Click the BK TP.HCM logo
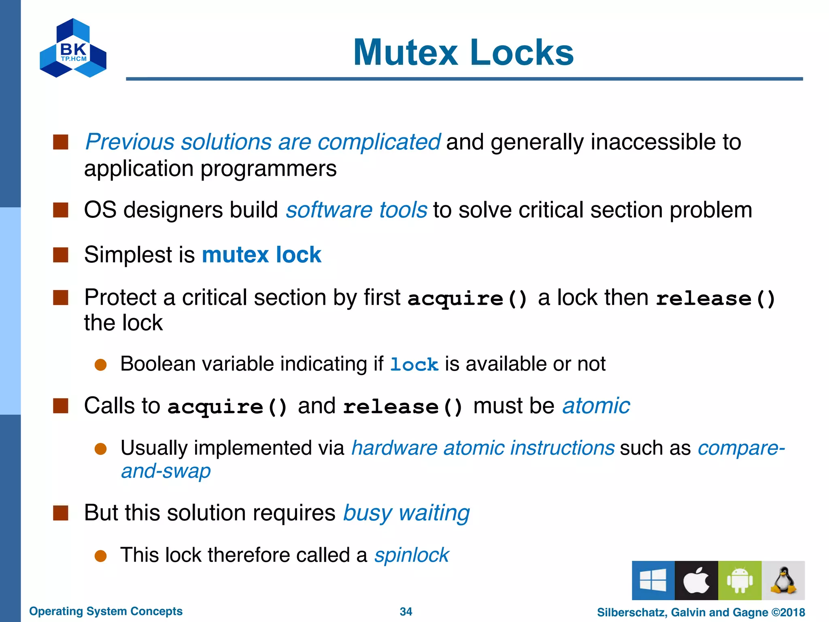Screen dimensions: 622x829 click(x=73, y=49)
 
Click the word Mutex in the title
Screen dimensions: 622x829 click(x=405, y=53)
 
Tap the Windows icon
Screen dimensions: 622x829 click(x=653, y=580)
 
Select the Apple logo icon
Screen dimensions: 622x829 click(x=696, y=580)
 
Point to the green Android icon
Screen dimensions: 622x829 click(x=740, y=580)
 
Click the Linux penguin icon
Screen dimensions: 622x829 click(x=783, y=580)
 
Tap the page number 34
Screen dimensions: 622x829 click(x=406, y=611)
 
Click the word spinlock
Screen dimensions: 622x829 click(x=411, y=555)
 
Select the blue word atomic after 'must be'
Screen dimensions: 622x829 click(x=596, y=406)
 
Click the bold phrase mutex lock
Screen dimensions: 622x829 click(x=261, y=255)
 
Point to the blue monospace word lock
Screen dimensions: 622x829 click(x=414, y=364)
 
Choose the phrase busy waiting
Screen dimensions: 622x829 click(x=406, y=513)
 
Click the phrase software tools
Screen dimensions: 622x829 click(x=356, y=210)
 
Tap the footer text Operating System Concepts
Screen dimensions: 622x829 click(x=106, y=611)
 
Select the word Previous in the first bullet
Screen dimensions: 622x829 click(x=130, y=142)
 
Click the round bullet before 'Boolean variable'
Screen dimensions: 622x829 click(x=100, y=365)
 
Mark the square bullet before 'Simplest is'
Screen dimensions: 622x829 click(x=61, y=255)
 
